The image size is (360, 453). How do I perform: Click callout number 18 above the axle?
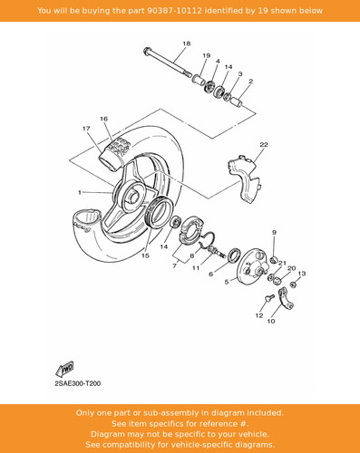187,43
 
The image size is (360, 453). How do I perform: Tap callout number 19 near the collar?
206,55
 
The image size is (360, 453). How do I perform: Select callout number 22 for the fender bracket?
264,145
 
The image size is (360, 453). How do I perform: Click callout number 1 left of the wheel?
80,192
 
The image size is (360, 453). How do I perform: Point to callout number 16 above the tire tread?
103,119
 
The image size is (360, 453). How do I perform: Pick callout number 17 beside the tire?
86,129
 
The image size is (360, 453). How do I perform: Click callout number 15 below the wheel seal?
145,255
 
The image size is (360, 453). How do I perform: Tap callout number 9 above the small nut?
274,233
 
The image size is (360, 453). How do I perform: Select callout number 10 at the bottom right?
271,321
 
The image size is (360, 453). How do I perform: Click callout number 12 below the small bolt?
259,315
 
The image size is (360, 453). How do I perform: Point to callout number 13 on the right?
302,274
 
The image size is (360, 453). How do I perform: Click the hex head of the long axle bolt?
147,51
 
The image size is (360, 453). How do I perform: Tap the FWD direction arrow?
64,369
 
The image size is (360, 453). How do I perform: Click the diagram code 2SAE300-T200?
78,384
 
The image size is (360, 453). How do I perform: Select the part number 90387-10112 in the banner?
175,11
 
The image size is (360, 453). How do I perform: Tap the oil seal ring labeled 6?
234,255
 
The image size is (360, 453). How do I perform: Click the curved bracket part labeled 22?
244,180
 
